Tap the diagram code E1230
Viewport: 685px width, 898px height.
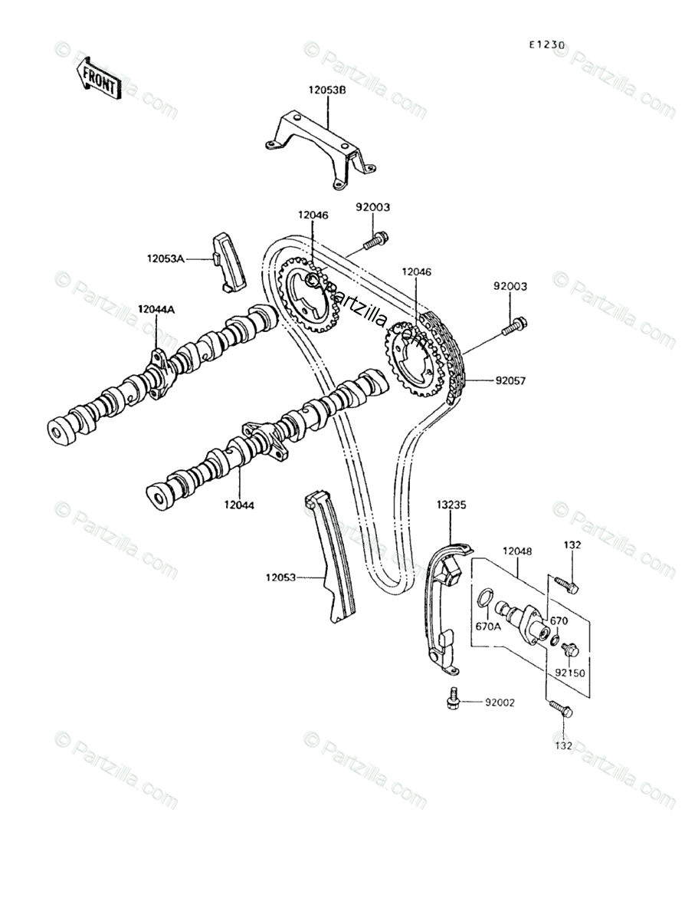[x=546, y=44]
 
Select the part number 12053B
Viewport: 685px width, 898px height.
[x=327, y=90]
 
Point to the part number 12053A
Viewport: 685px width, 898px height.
[x=166, y=259]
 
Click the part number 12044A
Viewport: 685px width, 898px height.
[x=156, y=310]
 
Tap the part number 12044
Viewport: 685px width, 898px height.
[x=239, y=505]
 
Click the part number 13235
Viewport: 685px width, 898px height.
[x=451, y=505]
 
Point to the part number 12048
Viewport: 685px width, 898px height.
[x=517, y=551]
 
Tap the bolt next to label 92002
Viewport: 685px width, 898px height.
[x=453, y=697]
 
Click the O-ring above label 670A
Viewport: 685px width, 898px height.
[x=486, y=597]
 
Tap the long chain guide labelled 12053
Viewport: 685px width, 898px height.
[x=334, y=556]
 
